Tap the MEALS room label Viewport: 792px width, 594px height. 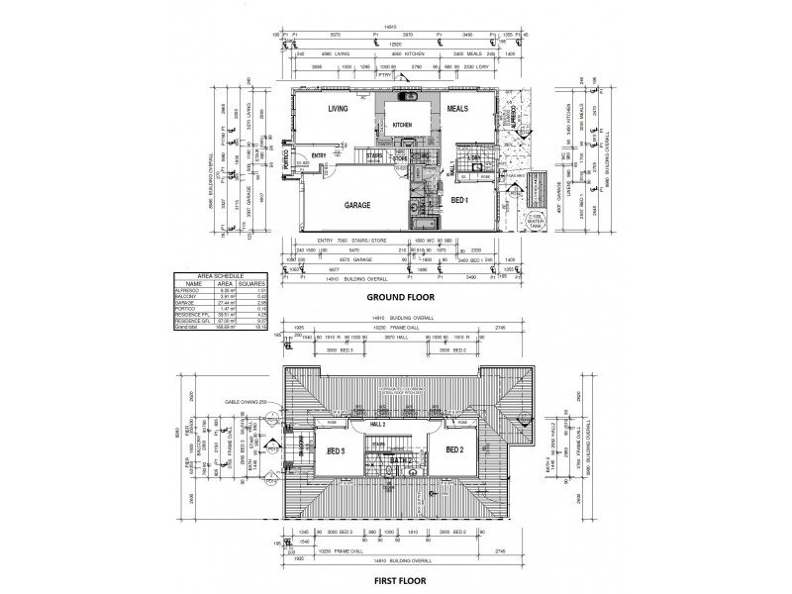tap(456, 109)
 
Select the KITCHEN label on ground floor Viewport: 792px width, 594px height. tap(402, 125)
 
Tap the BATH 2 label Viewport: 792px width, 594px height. tap(400, 461)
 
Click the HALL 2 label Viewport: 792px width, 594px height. tap(379, 423)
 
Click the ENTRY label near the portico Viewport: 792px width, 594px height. tap(320, 155)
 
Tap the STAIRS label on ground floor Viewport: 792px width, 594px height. tap(375, 155)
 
